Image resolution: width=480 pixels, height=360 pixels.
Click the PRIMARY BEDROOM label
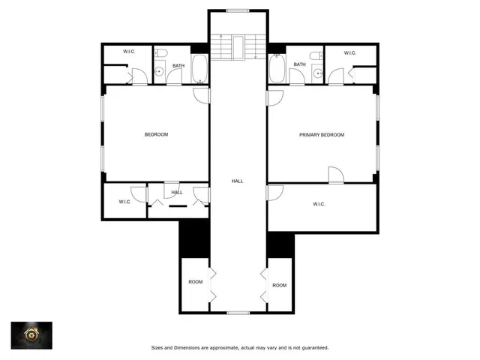[x=322, y=135]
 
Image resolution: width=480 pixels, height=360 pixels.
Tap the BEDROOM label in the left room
[x=156, y=135]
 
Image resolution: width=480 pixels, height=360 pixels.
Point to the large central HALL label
[x=237, y=181]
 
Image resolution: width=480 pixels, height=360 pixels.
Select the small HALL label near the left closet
[x=177, y=193]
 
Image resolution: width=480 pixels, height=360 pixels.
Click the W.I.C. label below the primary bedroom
[x=320, y=204]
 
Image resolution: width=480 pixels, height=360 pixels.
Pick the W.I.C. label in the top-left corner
[x=129, y=52]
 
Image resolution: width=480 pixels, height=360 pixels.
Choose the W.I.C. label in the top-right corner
[x=350, y=52]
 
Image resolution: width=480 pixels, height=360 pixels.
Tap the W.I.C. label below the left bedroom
[x=125, y=202]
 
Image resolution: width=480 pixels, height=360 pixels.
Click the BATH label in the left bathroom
[x=178, y=65]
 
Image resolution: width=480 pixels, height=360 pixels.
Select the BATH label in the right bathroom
[x=299, y=64]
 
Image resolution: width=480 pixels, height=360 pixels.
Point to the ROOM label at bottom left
[x=195, y=282]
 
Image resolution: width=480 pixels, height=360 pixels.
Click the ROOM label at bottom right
[x=279, y=285]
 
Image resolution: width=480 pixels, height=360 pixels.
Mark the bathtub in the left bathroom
[x=200, y=70]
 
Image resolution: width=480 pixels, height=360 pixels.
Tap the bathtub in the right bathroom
[x=277, y=70]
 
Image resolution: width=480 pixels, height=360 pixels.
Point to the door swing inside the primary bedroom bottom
[x=335, y=174]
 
